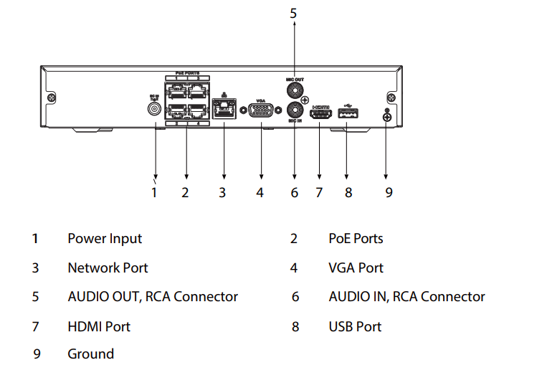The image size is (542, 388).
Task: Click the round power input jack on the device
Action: tap(154, 109)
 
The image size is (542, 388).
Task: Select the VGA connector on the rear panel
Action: tap(261, 110)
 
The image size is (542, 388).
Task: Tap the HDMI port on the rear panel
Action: tap(320, 113)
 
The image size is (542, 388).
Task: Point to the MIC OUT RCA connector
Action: tap(294, 90)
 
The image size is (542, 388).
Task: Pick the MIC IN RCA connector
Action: tap(294, 110)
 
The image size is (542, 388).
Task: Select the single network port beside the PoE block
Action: tap(224, 110)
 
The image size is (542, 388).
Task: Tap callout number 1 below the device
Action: tap(153, 192)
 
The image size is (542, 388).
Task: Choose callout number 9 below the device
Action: tap(389, 192)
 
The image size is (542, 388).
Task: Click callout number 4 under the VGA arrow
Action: tap(260, 192)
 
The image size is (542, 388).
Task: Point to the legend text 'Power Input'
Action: tap(105, 239)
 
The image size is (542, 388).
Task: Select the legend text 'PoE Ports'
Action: tap(356, 239)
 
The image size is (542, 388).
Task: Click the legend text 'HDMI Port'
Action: tap(99, 326)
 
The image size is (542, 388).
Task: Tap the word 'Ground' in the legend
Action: tap(90, 354)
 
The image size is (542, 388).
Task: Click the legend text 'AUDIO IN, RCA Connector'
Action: tap(406, 296)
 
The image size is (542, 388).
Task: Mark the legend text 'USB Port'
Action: tap(355, 326)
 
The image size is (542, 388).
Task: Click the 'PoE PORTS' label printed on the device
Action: tap(187, 74)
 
